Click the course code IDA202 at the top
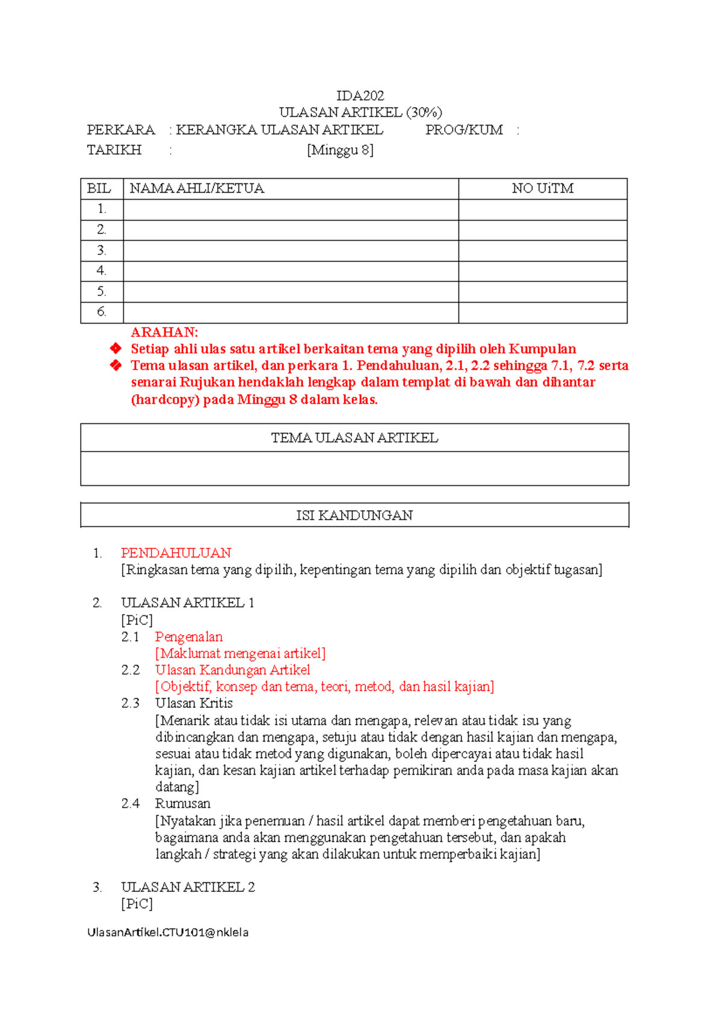tap(360, 96)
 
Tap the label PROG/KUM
tap(464, 130)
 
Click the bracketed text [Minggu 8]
tap(340, 150)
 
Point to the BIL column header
tap(99, 189)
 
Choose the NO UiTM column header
tap(542, 189)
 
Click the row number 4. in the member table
tap(101, 271)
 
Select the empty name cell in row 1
tap(291, 210)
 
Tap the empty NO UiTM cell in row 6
tap(542, 313)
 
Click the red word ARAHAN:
tap(164, 332)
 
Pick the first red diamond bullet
tap(116, 349)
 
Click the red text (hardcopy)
tap(165, 400)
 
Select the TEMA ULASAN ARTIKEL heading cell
tap(354, 438)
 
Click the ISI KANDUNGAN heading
tap(354, 515)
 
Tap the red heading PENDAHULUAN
tap(176, 553)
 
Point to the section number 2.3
tap(130, 703)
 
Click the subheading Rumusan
tap(182, 803)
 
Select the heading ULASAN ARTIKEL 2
tap(188, 887)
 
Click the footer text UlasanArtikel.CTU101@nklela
tap(168, 932)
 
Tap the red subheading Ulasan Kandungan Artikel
tap(232, 670)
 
